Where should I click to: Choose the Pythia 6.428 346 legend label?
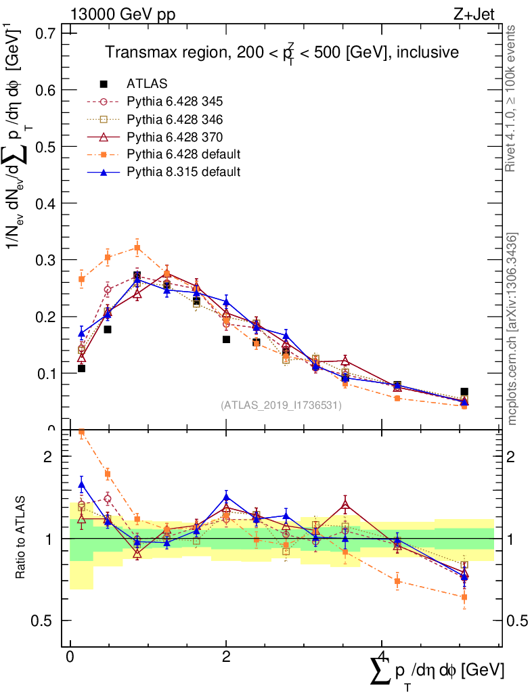pyautogui.click(x=175, y=119)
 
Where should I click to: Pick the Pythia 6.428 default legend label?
pyautogui.click(x=183, y=154)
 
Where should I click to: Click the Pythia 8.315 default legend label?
pyautogui.click(x=183, y=172)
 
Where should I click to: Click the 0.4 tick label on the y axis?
pyautogui.click(x=44, y=203)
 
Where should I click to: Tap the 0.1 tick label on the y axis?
pyautogui.click(x=44, y=373)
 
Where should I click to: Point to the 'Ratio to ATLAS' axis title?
pyautogui.click(x=22, y=539)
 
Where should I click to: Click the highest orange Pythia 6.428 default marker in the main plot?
pyautogui.click(x=137, y=248)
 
